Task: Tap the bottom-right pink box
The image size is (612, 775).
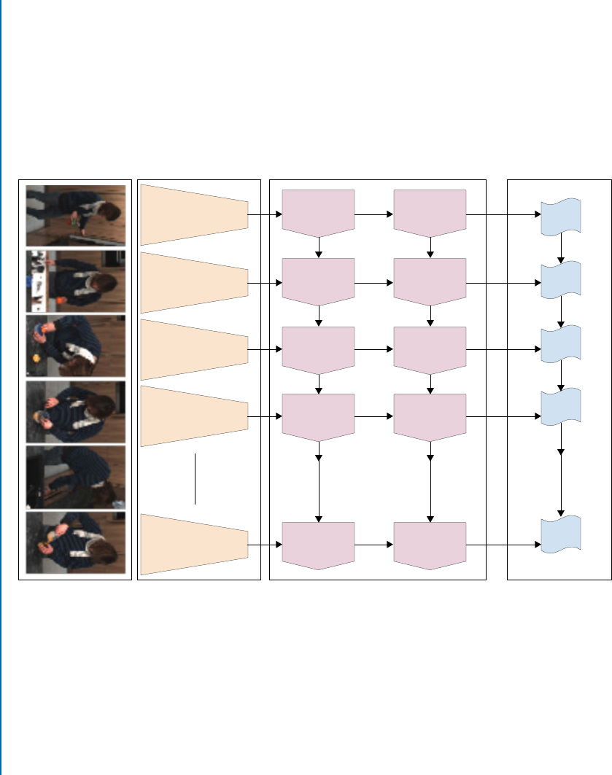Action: [430, 544]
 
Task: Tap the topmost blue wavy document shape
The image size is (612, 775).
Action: [560, 216]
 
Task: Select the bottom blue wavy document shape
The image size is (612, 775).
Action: [560, 533]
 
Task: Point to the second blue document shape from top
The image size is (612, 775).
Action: [560, 280]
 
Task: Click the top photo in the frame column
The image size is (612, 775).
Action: [76, 216]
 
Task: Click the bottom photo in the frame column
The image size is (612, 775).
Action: [76, 542]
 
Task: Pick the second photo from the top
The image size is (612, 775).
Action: [76, 281]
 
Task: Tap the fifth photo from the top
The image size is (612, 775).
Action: [76, 477]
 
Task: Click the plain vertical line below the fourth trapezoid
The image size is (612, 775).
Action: [195, 478]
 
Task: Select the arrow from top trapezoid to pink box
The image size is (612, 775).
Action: [265, 215]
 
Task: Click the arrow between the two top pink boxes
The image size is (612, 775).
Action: [373, 215]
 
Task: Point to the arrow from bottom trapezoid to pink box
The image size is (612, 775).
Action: [265, 544]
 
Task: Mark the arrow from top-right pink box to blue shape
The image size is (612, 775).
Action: [503, 215]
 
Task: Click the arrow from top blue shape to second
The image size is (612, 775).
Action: [560, 248]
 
